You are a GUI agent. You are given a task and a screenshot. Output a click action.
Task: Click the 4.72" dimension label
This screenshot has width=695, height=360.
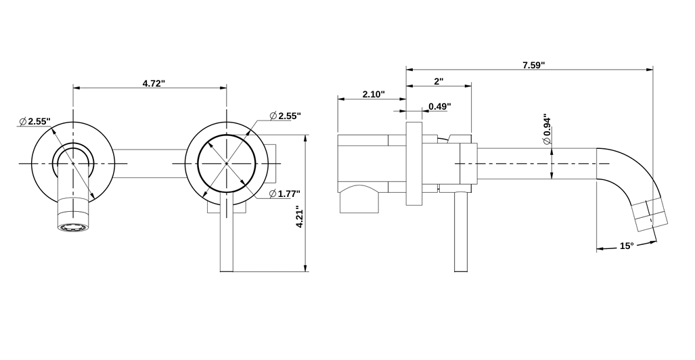click(154, 83)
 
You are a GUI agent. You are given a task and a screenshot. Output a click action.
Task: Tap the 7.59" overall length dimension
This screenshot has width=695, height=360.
click(533, 65)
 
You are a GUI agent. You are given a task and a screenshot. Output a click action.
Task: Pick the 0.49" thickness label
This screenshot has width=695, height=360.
click(439, 106)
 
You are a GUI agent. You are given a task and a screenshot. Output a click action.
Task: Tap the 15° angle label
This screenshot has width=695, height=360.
click(626, 246)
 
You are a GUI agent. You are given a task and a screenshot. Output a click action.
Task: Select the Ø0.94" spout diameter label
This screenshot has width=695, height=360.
click(547, 130)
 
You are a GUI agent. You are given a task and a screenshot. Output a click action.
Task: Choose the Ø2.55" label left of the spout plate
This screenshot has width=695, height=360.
click(35, 121)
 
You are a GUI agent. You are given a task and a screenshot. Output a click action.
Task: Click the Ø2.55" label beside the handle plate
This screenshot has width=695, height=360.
click(284, 116)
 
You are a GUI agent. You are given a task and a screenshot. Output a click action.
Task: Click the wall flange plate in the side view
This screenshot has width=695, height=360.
click(413, 164)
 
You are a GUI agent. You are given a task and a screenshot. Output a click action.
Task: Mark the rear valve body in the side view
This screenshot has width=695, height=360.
click(363, 173)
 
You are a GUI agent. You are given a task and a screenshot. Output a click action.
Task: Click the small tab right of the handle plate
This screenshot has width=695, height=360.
click(273, 164)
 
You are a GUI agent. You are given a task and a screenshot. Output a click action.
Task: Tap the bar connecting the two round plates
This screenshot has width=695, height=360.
click(148, 164)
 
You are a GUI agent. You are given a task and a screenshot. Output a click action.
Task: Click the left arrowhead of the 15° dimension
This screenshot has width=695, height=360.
click(599, 250)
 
